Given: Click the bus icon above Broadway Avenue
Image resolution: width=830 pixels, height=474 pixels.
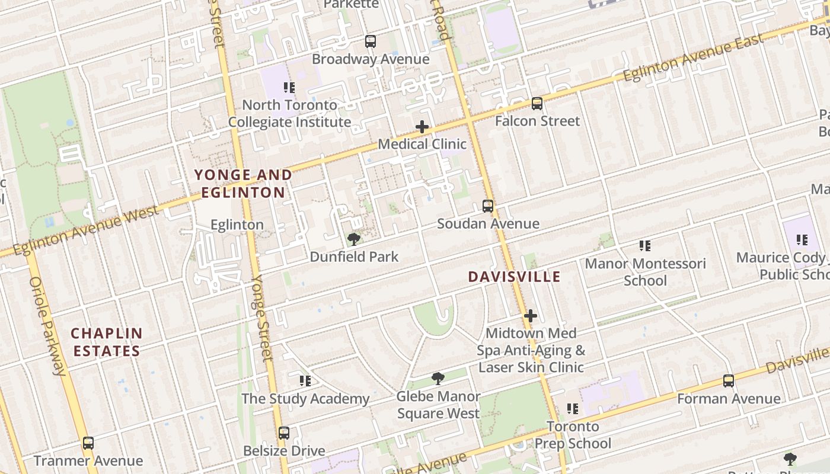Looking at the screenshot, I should [x=371, y=41].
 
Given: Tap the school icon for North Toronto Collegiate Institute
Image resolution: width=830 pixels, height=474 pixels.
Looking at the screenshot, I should [x=289, y=88].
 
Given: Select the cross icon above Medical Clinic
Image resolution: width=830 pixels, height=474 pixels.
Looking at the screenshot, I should [x=422, y=127].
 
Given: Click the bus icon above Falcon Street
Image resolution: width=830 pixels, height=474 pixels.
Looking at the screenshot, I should [x=537, y=104].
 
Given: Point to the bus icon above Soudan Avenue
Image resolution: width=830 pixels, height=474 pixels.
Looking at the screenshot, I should [x=488, y=206].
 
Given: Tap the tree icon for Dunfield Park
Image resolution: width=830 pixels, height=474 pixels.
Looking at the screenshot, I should [x=354, y=239].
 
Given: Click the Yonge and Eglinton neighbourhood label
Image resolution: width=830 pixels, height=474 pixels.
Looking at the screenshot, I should [x=243, y=184].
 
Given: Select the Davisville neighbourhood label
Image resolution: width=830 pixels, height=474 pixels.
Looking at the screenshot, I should [x=514, y=277].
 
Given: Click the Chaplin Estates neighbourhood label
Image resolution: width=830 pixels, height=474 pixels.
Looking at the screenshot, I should [x=107, y=342].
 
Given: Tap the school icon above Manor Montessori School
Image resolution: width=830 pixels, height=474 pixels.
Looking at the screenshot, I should [x=645, y=245].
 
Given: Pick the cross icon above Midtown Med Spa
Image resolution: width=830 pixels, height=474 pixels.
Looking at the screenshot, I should [x=531, y=316].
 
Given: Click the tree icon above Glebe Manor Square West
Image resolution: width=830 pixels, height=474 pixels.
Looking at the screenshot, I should [x=438, y=379].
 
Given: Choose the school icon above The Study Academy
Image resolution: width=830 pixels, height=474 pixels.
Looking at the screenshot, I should [x=305, y=381].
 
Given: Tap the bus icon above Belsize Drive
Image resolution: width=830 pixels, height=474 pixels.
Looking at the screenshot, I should [x=284, y=433].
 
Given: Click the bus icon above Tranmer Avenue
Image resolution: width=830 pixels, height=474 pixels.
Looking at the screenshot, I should [x=88, y=443].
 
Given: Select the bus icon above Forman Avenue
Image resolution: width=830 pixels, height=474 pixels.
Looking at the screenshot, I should [x=729, y=381].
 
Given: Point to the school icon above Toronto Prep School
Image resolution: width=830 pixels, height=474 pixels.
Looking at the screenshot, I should [x=573, y=408].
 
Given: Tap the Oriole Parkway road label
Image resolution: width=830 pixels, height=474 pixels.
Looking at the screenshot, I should [x=47, y=326].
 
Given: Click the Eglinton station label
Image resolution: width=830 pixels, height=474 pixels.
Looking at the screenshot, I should [x=237, y=225].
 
